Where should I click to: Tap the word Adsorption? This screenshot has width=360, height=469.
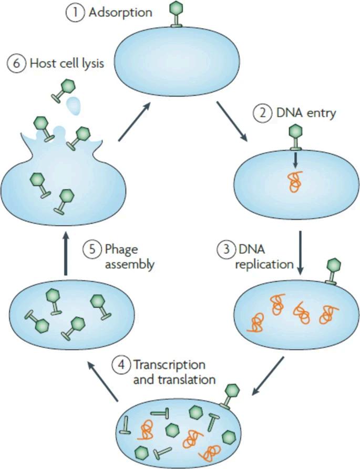tap(119, 12)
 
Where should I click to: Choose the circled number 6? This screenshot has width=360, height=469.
tap(16, 65)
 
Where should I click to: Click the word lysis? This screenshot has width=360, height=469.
tap(90, 65)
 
